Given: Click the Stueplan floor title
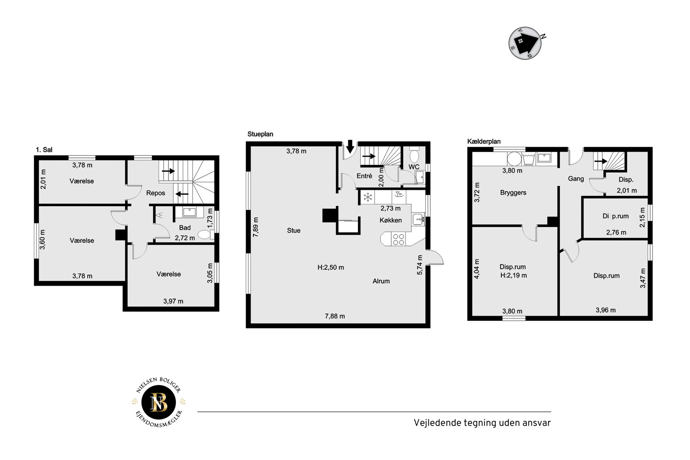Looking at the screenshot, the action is coord(260,134).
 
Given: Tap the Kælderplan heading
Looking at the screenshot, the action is coord(484,142).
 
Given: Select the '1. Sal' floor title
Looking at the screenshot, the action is coord(44,150).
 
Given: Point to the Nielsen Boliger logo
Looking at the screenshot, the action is coord(159,402).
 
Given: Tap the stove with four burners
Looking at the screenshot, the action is coord(398,239).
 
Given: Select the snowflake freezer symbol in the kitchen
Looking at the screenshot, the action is coord(368,197).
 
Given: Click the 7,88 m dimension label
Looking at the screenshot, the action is coord(335,316).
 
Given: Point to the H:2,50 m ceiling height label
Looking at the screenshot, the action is coord(331,267).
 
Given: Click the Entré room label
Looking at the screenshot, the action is coord(364,176).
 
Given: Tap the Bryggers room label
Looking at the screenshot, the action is coord(513,193).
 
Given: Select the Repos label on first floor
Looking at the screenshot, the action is coord(156,193).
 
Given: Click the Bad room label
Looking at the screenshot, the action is coord(185,228).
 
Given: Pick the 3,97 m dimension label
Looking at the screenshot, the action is coord(173,301).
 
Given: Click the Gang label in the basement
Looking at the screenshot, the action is coord(576,179).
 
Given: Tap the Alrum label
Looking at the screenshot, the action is coord(381,281).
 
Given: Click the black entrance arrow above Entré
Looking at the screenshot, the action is coord(350,147).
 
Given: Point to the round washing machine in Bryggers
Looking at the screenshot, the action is coord(513,159).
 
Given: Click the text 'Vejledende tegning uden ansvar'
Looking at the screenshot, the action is coord(482,423).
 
